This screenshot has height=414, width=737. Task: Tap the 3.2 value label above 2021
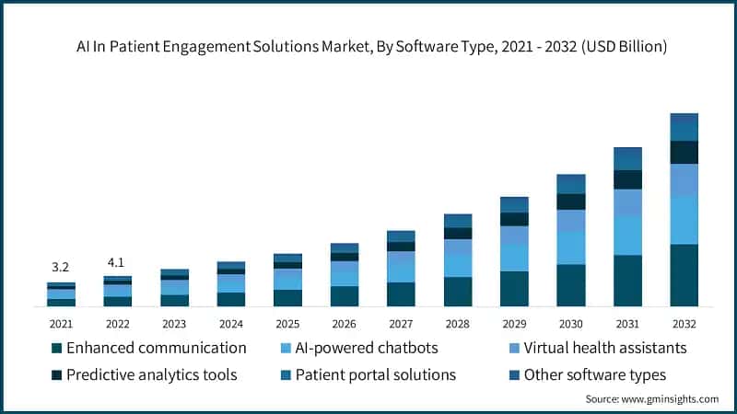point(60,267)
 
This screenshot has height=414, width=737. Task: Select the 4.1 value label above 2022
point(117,260)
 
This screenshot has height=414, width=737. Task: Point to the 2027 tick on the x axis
point(401,324)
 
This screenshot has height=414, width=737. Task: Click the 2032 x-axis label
point(683,324)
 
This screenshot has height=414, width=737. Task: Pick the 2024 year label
point(230,324)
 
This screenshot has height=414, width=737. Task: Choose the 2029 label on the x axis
point(514,324)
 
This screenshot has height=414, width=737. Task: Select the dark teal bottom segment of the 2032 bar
point(683,274)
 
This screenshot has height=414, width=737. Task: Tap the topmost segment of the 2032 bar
point(683,120)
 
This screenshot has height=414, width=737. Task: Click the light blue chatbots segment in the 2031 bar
point(627,235)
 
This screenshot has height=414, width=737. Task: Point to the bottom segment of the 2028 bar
point(458,291)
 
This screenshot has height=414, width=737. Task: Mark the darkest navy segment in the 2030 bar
point(570,201)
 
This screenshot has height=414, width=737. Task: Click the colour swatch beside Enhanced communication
point(57,349)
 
